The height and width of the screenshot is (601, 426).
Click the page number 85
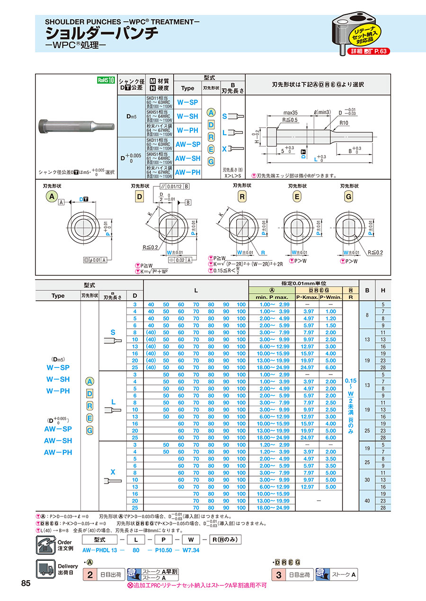coord(26,583)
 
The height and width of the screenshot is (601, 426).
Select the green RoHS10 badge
coord(106,80)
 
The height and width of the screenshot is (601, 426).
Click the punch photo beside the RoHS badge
coord(76,127)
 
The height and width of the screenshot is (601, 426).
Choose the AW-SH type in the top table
coord(188,158)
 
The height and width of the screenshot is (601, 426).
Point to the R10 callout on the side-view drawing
coord(344,122)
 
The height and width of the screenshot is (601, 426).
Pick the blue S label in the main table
coord(113,332)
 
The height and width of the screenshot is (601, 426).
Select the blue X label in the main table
coord(113,472)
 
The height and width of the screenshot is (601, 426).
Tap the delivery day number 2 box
coord(89,575)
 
